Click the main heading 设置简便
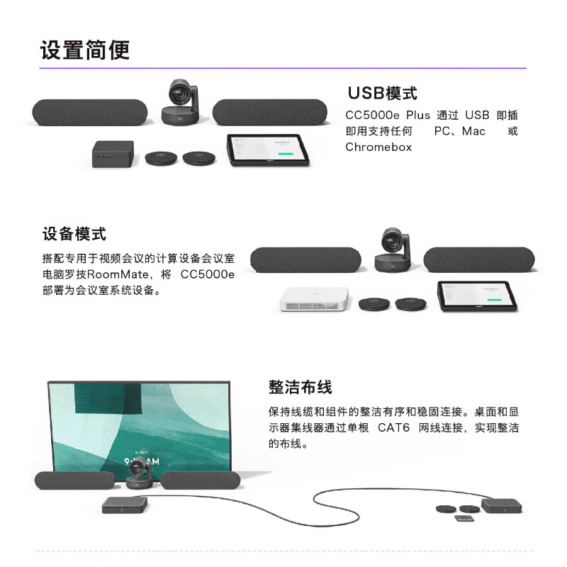pos(85,50)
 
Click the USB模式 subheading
pos(382,94)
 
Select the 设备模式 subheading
pos(74,234)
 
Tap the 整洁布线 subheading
pos(300,387)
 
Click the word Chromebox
pos(378,147)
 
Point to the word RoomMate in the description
pos(118,274)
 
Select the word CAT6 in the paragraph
pos(393,428)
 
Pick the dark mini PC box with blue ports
pos(113,154)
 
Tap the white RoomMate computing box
pos(314,299)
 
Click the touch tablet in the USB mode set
pos(268,150)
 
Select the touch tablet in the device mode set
pos(477,296)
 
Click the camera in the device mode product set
pos(393,250)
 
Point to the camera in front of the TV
pos(138,473)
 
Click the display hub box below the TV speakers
pos(125,505)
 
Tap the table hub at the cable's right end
pos(501,505)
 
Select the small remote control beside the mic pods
pos(464,519)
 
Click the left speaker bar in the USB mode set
pos(90,113)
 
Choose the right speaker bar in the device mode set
pos(479,259)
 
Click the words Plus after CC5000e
pos(418,115)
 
